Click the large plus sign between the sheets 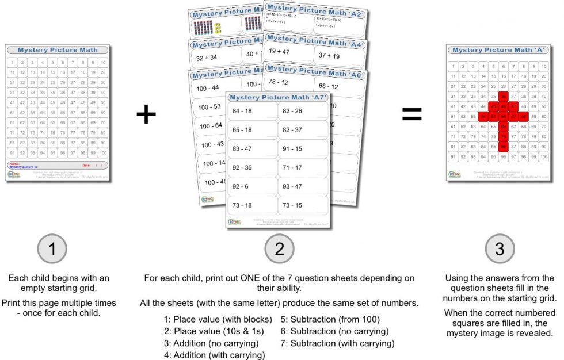coord(146,114)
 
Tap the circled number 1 coord(53,250)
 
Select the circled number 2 coord(279,250)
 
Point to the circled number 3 coord(500,250)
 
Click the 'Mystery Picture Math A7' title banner coord(278,97)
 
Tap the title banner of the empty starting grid coord(58,51)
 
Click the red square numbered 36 coord(503,96)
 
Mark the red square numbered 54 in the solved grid coord(483,117)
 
